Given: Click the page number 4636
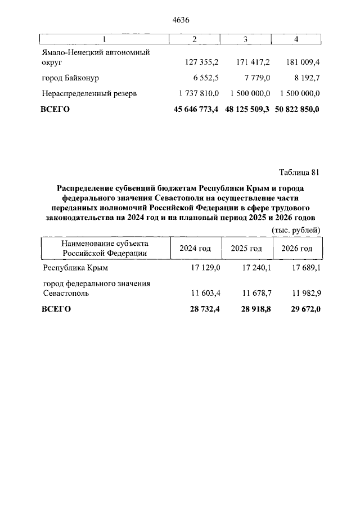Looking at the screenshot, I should click(x=181, y=20).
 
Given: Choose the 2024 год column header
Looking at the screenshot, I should click(x=195, y=248).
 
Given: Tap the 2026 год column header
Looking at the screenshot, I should click(x=296, y=248).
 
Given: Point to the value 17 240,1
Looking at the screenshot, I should click(x=256, y=268).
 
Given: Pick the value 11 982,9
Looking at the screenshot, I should click(x=304, y=293).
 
